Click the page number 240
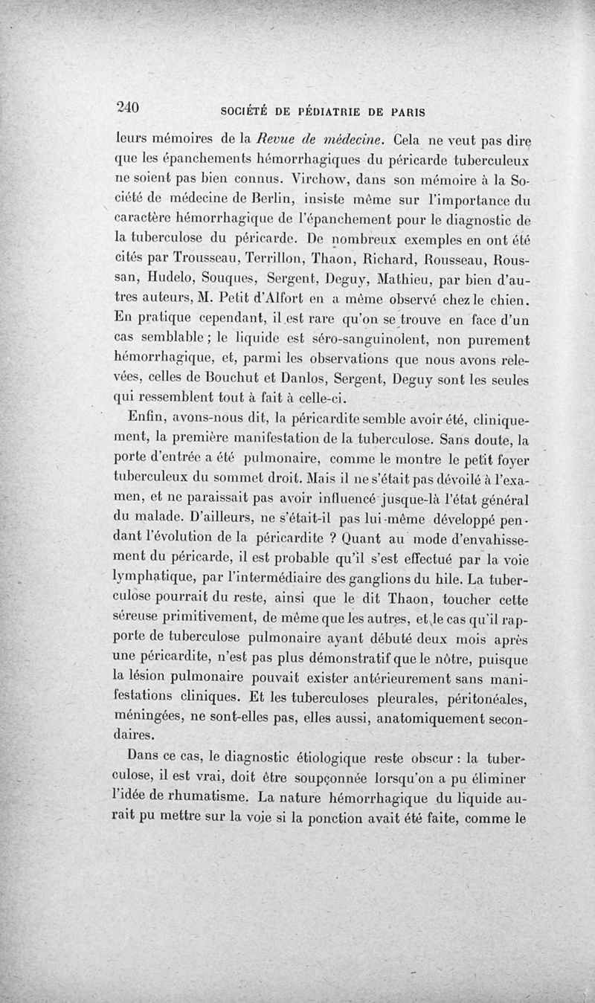(128, 106)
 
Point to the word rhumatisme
(202, 798)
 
